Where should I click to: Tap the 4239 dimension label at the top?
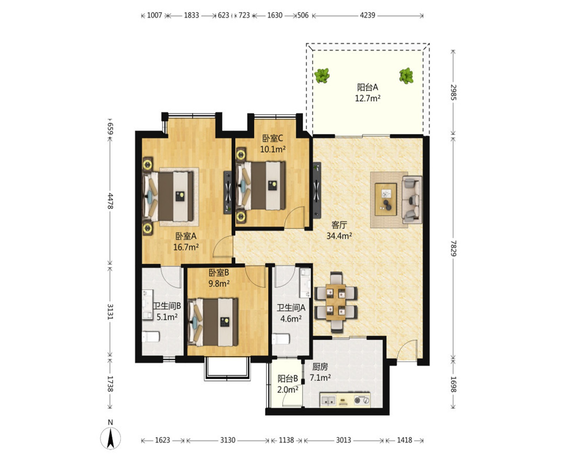[367, 16]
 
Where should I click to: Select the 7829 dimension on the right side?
[453, 248]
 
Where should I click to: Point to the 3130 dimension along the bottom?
[228, 440]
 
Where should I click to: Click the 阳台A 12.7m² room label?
[368, 93]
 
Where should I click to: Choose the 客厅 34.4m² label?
[339, 230]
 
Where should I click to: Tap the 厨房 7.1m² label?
[320, 372]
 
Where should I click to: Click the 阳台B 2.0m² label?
[288, 384]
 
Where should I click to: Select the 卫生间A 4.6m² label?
[291, 313]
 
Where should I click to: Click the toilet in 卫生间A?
[281, 339]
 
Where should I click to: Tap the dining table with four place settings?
[336, 302]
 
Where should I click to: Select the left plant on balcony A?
[322, 76]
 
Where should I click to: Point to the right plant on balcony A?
[406, 76]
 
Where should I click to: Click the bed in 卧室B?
[213, 322]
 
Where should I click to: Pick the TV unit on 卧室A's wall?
[228, 192]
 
